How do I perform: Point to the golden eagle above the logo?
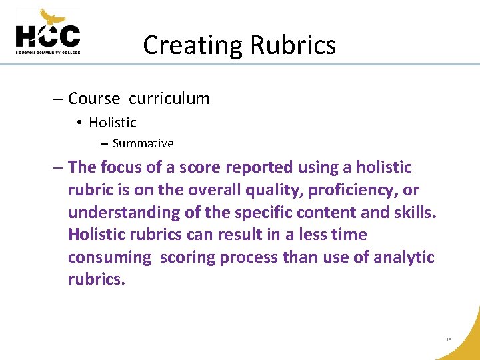tap(53, 16)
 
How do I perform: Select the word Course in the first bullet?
tap(94, 99)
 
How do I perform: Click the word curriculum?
tap(169, 99)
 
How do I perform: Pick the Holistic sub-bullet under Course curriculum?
tap(112, 123)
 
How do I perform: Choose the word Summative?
tap(143, 143)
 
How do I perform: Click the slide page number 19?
tap(449, 340)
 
